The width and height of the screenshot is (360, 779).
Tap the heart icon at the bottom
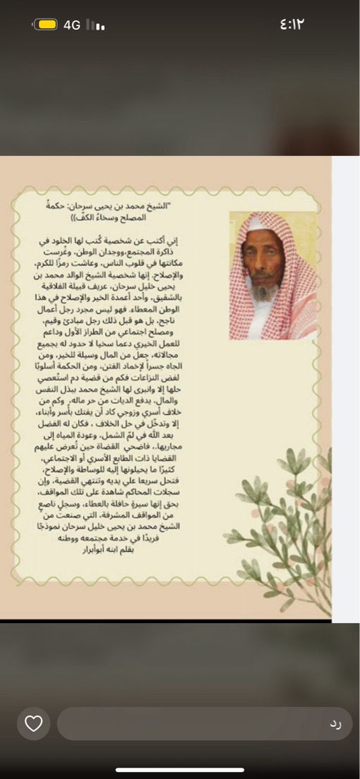[34, 723]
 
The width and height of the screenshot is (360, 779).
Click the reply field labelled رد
[205, 723]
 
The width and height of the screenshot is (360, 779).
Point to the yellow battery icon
[47, 25]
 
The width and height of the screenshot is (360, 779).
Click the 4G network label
[72, 25]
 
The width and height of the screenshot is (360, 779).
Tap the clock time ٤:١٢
[291, 24]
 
